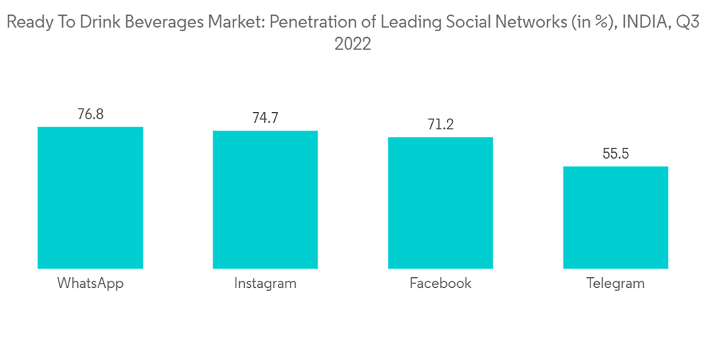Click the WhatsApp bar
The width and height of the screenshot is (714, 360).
pos(90,198)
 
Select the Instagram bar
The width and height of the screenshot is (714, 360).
pos(265,200)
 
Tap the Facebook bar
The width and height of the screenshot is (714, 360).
pos(441,203)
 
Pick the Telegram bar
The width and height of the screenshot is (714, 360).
pos(615,218)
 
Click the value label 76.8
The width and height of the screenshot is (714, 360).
pos(90,114)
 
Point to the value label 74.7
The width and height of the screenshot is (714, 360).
pos(265,118)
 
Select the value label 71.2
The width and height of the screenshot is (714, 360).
pos(441,124)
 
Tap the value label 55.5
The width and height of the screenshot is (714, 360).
pos(615,154)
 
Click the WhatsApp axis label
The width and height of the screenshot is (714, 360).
pos(90,284)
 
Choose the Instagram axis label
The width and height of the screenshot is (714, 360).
pos(265,284)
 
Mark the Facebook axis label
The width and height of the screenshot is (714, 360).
pos(441,284)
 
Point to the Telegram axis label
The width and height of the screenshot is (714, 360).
pos(615,284)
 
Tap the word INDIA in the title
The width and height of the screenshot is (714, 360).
pos(648,23)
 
